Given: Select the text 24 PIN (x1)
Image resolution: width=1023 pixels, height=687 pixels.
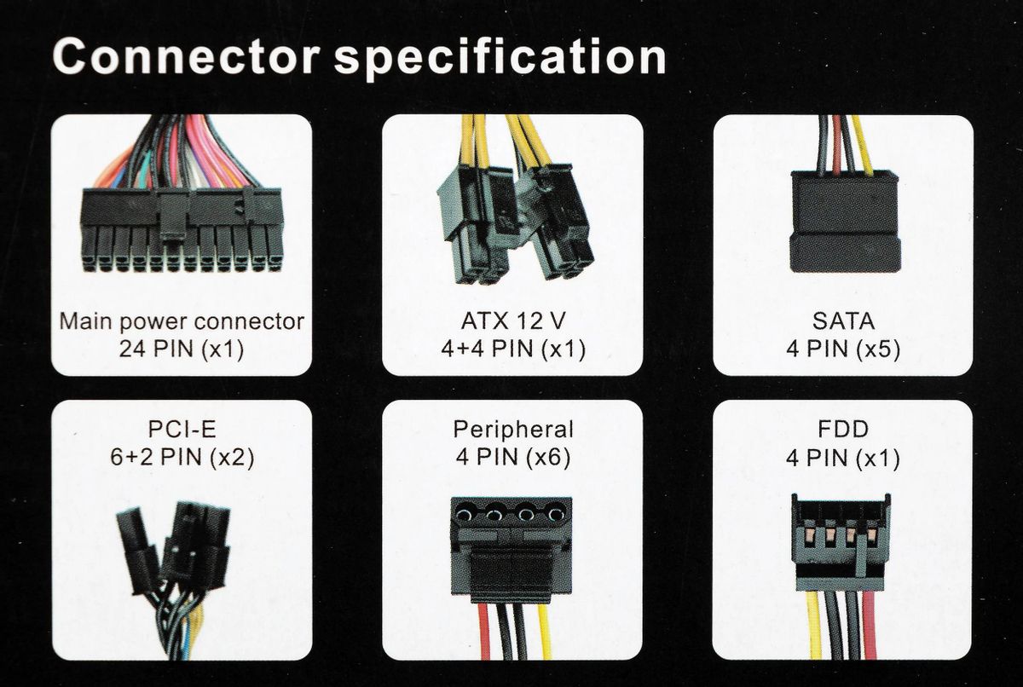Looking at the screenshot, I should (182, 349).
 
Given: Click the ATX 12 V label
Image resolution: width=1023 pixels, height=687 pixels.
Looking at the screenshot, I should (511, 322).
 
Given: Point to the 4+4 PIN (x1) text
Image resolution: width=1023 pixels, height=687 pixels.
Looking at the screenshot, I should (511, 349).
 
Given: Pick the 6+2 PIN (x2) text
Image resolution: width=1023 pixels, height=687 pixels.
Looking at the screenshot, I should (182, 457).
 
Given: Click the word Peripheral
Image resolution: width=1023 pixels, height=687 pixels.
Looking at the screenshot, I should (513, 429).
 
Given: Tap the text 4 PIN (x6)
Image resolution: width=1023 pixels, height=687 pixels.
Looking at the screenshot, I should (513, 457).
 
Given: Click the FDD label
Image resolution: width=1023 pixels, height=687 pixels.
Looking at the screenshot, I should (843, 429).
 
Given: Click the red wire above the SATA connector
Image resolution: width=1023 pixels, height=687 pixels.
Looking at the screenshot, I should (836, 145).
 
